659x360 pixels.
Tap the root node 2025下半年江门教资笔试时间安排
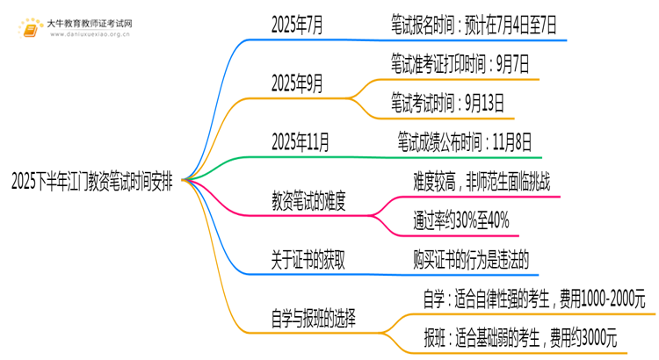[91, 182]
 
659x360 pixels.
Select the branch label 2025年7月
[297, 27]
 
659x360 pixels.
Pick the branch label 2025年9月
[297, 84]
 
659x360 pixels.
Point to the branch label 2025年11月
[301, 140]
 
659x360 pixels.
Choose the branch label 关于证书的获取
[308, 259]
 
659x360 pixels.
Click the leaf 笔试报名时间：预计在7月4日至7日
[474, 27]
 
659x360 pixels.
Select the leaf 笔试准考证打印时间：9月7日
[460, 63]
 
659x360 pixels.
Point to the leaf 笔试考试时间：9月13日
[447, 104]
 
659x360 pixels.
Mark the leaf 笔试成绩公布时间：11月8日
[464, 140]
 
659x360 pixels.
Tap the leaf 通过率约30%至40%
[460, 220]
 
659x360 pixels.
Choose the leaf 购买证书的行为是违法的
[470, 259]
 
